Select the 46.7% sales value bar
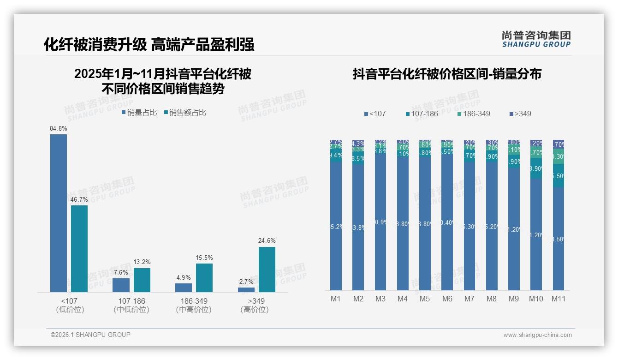pyautogui.click(x=79, y=249)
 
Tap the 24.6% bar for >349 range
pyautogui.click(x=267, y=270)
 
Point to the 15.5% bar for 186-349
pyautogui.click(x=204, y=278)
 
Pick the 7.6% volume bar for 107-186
pyautogui.click(x=121, y=285)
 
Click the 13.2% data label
pyautogui.click(x=142, y=262)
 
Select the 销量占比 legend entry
pyautogui.click(x=139, y=113)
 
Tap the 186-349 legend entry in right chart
pyautogui.click(x=474, y=114)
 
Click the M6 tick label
pyautogui.click(x=447, y=299)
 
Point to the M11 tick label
pyautogui.click(x=559, y=299)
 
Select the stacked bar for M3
pyautogui.click(x=380, y=215)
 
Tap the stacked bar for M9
pyautogui.click(x=514, y=215)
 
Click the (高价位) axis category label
pyautogui.click(x=254, y=310)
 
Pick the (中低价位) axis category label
pyautogui.click(x=131, y=310)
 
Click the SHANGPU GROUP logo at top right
pyautogui.click(x=536, y=39)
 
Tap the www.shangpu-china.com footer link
pyautogui.click(x=537, y=335)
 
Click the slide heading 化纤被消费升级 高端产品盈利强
pyautogui.click(x=149, y=45)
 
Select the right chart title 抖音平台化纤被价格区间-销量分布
pyautogui.click(x=447, y=74)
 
